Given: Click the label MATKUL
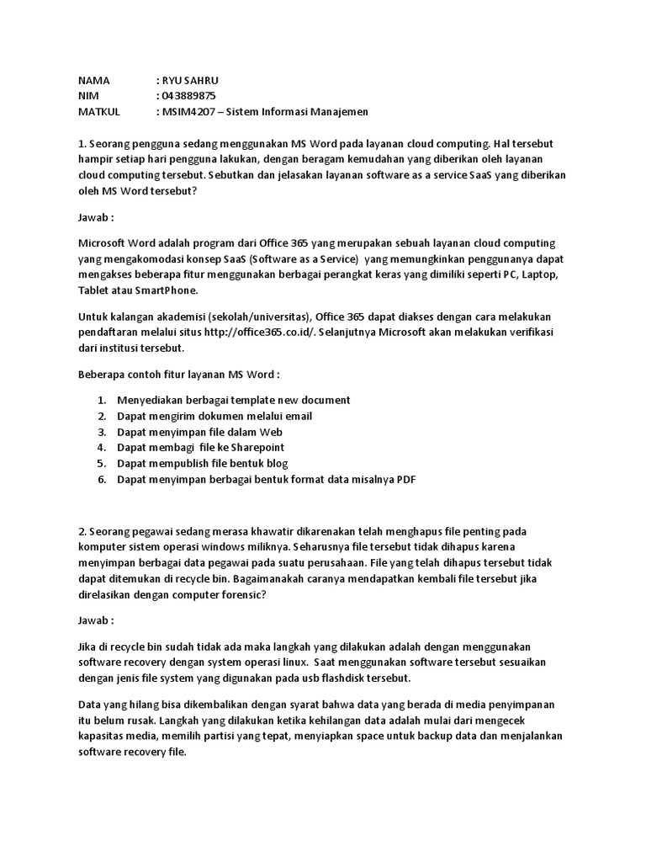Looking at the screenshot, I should point(99,112).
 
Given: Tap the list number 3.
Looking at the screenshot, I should point(101,431).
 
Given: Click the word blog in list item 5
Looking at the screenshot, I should point(274,463).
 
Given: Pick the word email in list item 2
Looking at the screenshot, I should point(298,415).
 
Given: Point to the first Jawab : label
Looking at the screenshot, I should point(94,215).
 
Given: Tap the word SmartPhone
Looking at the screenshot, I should point(167,290).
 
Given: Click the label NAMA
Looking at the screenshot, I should point(93,81).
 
